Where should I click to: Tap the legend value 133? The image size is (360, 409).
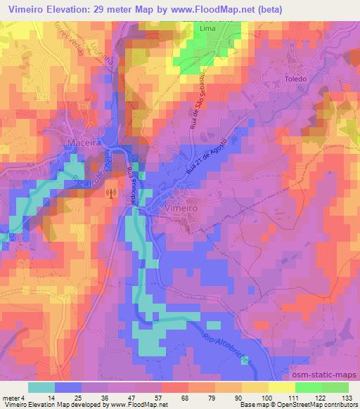pos(347,398)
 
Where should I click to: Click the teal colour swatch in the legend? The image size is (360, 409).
pos(41,387)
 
